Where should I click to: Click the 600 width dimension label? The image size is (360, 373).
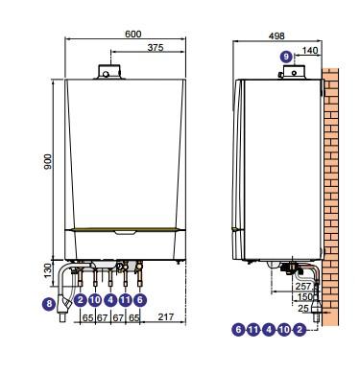coord(133,34)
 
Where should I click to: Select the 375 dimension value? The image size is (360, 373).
coord(156,47)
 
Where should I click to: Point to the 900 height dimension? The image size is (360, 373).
coord(48,162)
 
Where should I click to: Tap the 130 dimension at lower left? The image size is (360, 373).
coord(48,270)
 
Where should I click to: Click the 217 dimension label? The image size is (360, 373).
coord(166,316)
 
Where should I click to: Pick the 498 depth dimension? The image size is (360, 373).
coord(276,35)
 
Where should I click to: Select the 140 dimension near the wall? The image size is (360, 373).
coord(310,50)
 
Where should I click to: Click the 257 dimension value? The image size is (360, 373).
coord(303,286)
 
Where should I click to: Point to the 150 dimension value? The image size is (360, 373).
coord(305,296)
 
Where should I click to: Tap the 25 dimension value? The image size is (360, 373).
coord(303,309)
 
